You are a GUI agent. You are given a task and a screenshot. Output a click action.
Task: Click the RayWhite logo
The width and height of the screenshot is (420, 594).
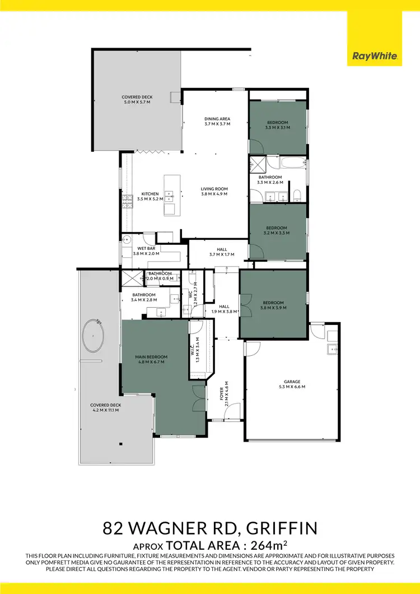coord(375,56)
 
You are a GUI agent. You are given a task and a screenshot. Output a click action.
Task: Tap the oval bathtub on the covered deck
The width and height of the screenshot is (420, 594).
coord(94,336)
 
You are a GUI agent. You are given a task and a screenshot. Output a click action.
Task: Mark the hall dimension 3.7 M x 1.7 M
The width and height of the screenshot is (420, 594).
coord(222,254)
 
